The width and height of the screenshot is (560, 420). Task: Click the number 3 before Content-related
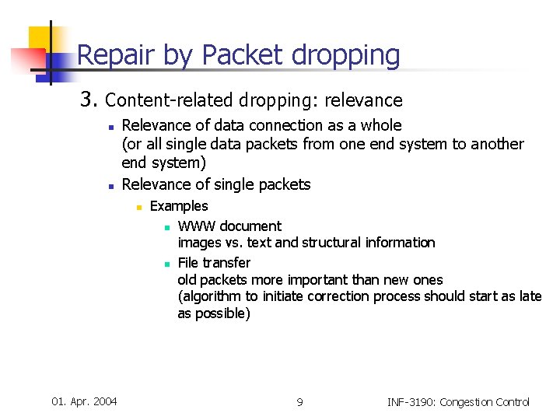(x=88, y=100)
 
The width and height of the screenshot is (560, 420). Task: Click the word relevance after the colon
(x=365, y=100)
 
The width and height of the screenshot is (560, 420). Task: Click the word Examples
(x=179, y=206)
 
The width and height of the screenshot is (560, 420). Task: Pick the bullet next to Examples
(x=138, y=208)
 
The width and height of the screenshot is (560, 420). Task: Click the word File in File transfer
(x=189, y=263)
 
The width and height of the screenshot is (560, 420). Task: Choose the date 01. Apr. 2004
(x=84, y=401)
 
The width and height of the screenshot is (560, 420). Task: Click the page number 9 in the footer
(x=299, y=402)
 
